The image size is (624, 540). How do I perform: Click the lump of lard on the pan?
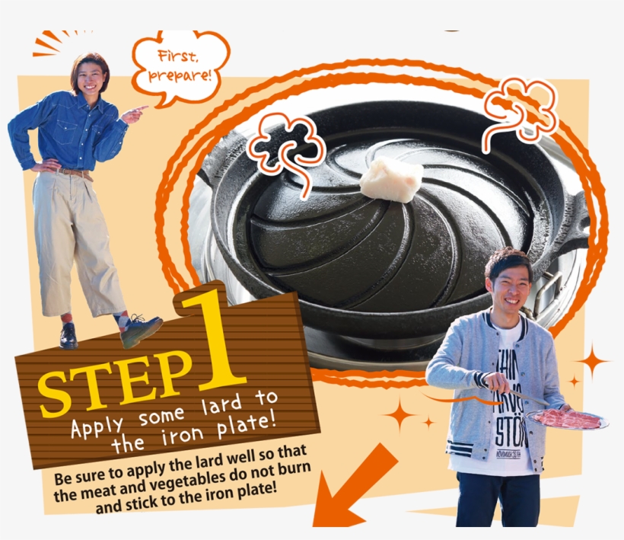click(390, 180)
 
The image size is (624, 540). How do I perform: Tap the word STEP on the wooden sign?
click(114, 378)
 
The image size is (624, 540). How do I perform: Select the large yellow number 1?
click(215, 343)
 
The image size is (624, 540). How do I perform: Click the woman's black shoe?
click(68, 336)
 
